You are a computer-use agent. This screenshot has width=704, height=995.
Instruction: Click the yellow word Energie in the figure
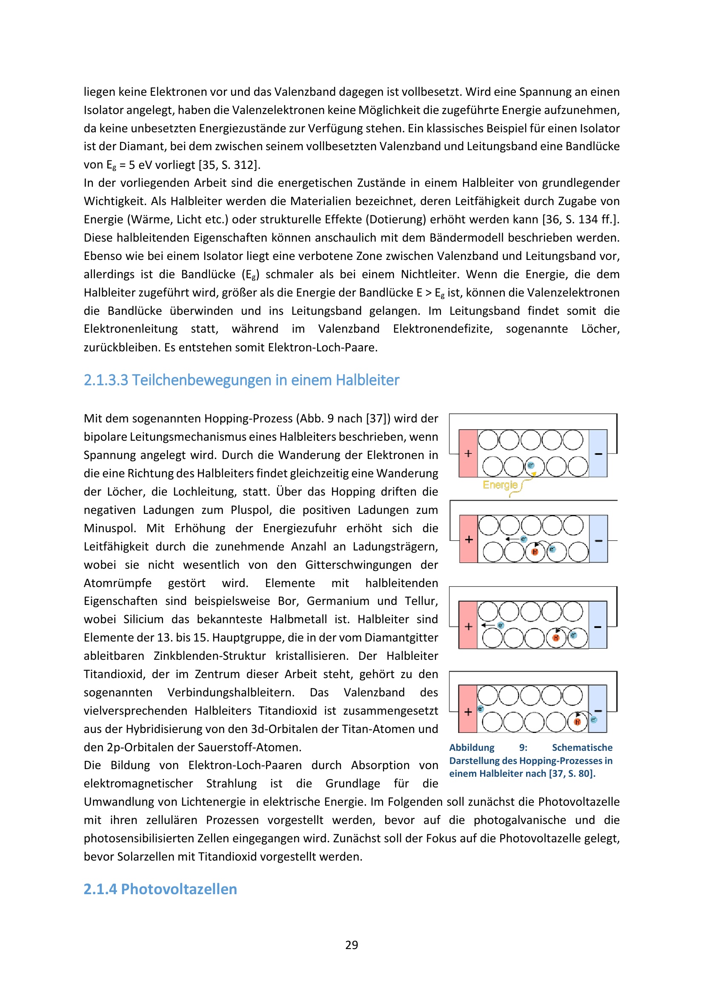click(500, 485)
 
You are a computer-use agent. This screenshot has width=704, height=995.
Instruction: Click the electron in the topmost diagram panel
click(531, 465)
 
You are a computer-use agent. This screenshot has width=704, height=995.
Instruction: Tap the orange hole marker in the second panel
click(535, 552)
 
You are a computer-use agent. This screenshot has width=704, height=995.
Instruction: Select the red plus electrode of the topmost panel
click(468, 453)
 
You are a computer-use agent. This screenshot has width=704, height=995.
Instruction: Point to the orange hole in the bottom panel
click(577, 722)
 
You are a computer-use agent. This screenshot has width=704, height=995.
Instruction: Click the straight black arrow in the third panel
click(488, 625)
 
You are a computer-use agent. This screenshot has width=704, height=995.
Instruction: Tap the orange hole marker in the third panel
click(556, 638)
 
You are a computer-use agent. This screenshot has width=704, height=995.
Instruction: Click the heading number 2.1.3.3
click(106, 380)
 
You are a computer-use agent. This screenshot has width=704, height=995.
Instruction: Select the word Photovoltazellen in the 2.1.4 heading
click(179, 889)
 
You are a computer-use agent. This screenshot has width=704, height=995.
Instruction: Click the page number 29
click(352, 945)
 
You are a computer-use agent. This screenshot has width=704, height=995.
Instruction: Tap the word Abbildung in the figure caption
click(472, 747)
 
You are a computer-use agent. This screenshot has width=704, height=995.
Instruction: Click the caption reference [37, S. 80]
click(572, 773)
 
